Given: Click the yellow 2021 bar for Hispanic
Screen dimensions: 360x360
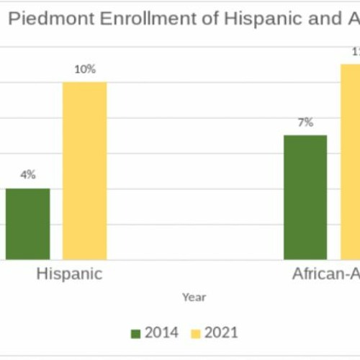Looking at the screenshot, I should click(84, 171).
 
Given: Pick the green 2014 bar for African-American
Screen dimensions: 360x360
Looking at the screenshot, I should click(305, 197).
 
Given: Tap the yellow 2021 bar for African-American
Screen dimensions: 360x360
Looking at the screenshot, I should click(351, 161).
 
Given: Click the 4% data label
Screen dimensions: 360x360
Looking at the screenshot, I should click(28, 174).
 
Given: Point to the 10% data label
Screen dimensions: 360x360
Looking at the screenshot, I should click(84, 69).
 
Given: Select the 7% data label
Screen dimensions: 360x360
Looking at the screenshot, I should click(305, 122).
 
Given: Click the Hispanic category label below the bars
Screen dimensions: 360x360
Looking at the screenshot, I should click(69, 274).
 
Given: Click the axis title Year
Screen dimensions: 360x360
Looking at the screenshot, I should click(194, 297).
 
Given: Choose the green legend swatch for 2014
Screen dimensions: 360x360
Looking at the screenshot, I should click(135, 333).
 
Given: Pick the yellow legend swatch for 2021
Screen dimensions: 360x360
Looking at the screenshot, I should click(195, 333).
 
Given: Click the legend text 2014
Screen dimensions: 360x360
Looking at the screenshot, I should click(162, 333).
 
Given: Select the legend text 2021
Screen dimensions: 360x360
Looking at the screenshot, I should click(221, 333).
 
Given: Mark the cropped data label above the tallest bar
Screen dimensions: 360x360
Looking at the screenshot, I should click(355, 52).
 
